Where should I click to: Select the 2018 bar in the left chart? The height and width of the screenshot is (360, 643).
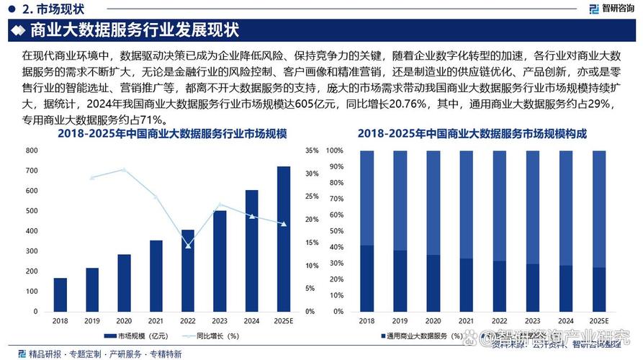click(60, 294)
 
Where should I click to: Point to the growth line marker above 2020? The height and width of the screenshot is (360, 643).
click(124, 170)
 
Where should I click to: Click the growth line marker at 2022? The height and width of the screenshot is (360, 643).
click(189, 246)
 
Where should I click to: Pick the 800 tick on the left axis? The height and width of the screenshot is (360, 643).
click(32, 150)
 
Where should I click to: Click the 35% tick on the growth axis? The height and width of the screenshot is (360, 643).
click(312, 150)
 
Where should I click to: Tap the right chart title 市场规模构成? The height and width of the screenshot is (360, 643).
click(472, 135)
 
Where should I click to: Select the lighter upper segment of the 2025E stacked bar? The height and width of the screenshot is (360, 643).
click(599, 209)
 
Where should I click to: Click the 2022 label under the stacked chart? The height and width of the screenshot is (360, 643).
click(499, 320)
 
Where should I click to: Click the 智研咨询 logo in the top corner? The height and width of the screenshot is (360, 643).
click(613, 9)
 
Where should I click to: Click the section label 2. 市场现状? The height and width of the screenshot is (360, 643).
click(54, 9)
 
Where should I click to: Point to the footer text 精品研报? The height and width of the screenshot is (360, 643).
click(44, 354)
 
